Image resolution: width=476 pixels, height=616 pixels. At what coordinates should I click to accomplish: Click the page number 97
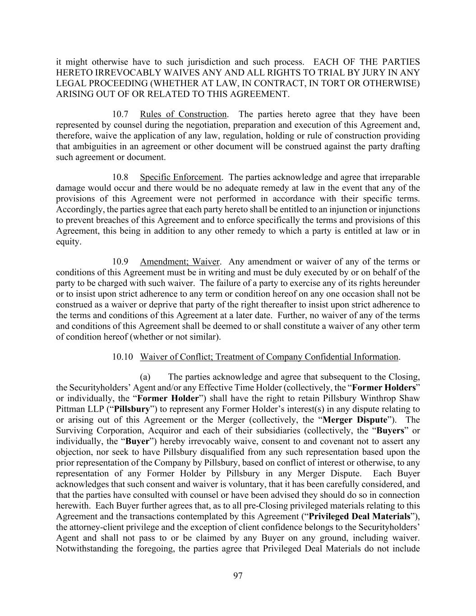pos(238,575)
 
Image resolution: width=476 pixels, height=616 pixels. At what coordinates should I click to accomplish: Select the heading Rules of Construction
pos(183,114)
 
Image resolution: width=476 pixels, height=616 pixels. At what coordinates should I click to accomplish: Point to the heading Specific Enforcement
pos(180,177)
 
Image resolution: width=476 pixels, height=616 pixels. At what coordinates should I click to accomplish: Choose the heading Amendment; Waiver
pos(180,262)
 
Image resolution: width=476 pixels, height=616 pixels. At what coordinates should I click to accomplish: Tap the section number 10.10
pos(123,357)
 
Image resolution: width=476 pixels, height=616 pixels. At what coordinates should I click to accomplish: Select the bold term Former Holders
pos(384,388)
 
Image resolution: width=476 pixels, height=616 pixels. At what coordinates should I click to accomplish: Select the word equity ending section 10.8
pos(68,242)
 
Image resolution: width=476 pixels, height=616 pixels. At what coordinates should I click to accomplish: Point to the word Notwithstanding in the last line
pos(85,549)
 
